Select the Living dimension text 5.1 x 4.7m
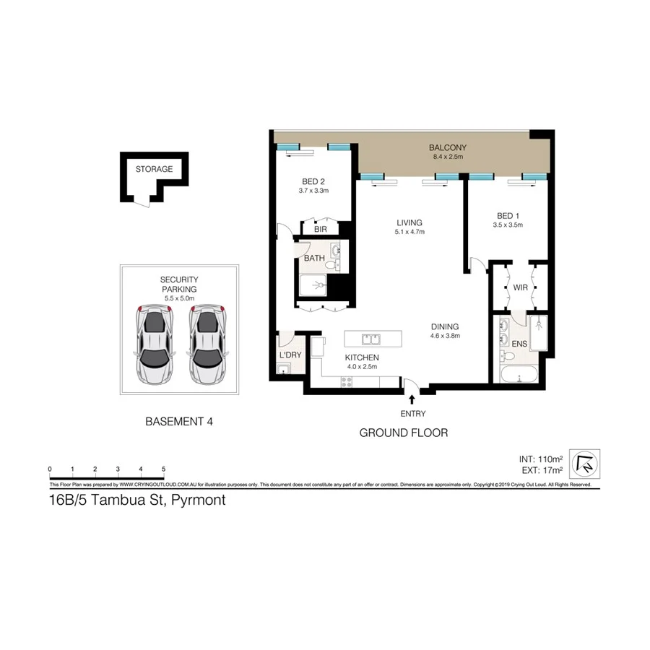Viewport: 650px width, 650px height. (409, 233)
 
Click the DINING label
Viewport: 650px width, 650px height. (445, 326)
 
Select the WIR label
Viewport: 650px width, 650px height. (519, 289)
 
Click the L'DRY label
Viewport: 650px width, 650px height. (290, 355)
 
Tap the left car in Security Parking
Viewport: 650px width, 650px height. (155, 343)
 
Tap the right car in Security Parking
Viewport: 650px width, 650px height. (207, 343)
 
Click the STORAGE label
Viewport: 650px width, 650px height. (154, 170)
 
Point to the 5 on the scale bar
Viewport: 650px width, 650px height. (164, 469)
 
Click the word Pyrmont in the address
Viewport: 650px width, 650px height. (197, 500)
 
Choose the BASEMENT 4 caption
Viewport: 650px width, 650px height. (179, 422)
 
